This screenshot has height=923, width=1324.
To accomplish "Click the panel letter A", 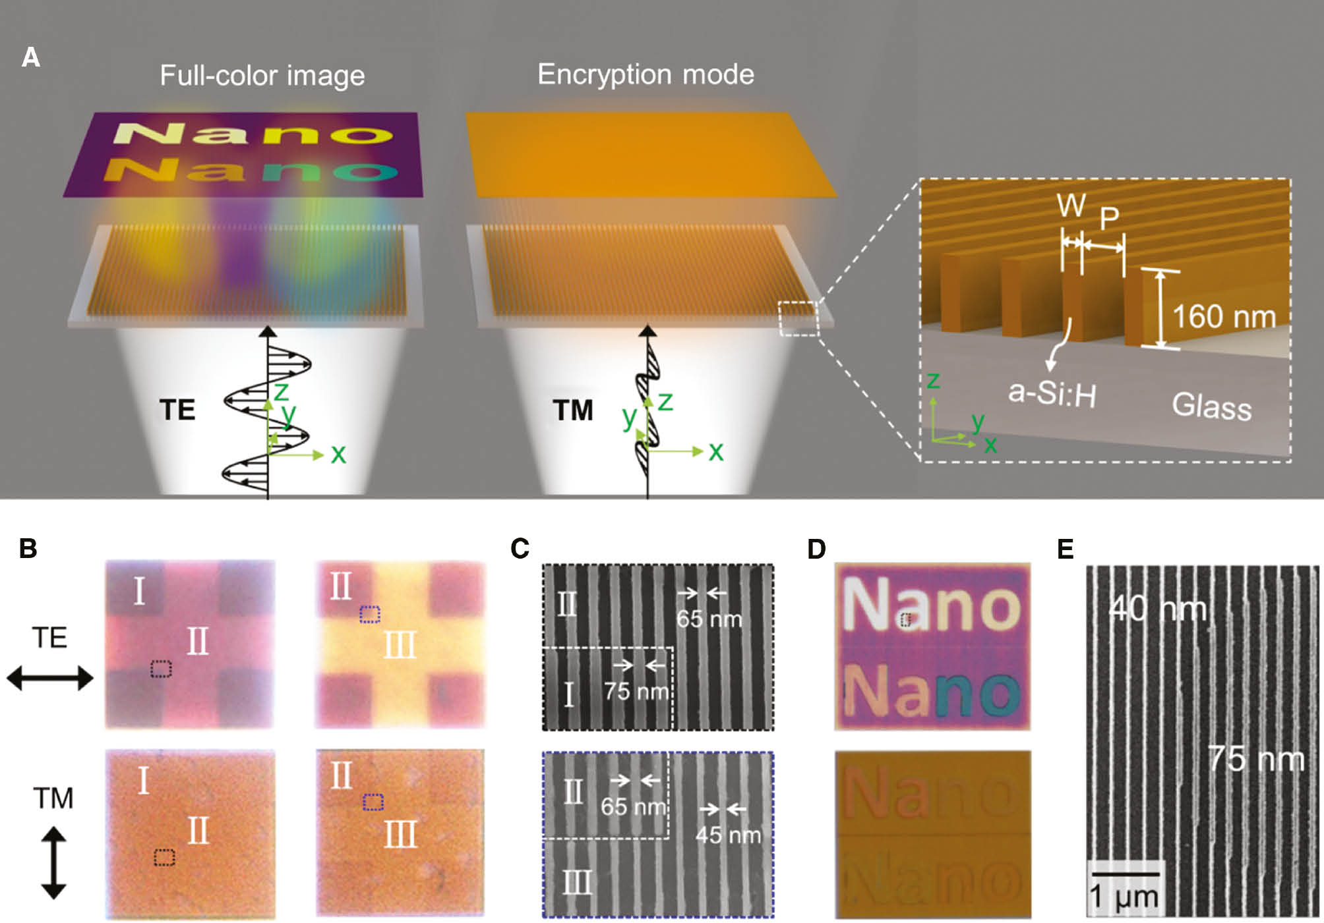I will pos(31,58).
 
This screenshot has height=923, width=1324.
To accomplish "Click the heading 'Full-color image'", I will pos(262,76).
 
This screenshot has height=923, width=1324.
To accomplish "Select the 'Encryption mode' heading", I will pos(646,74).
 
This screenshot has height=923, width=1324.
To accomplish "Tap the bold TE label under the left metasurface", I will pos(177,410).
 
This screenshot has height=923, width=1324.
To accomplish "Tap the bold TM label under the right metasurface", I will pos(572,410).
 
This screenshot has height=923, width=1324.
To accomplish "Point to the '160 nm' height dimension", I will pos(1224,317).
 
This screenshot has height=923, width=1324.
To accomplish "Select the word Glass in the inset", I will pos(1211,406).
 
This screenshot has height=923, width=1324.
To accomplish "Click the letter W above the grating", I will pos(1071,205).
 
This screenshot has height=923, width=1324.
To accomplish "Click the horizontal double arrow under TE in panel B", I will pos(50,678).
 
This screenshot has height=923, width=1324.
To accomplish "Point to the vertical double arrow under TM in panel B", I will pos(53,864).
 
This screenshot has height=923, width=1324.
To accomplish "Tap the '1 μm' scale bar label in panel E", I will pos(1124,897).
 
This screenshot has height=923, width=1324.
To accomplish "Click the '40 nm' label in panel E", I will pos(1157,609).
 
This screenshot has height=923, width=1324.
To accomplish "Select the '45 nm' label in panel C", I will pos(728,835).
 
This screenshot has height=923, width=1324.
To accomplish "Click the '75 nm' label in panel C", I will pos(636,691).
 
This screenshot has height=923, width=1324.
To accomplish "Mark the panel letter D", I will pos(816,549).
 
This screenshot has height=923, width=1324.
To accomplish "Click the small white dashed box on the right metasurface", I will pos(798,318).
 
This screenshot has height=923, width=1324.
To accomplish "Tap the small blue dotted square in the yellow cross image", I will pos(370,615).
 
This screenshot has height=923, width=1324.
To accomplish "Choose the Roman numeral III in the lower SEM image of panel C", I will pos(577,882).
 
